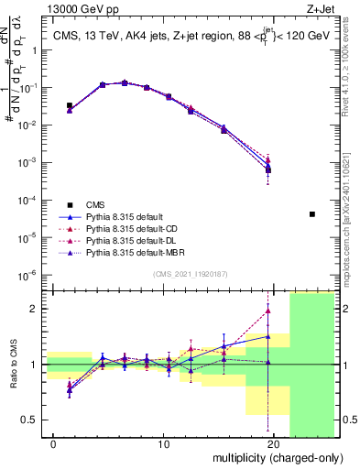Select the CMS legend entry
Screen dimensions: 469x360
click(100, 204)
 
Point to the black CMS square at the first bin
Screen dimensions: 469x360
click(70, 105)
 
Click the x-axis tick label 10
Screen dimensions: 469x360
click(164, 444)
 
